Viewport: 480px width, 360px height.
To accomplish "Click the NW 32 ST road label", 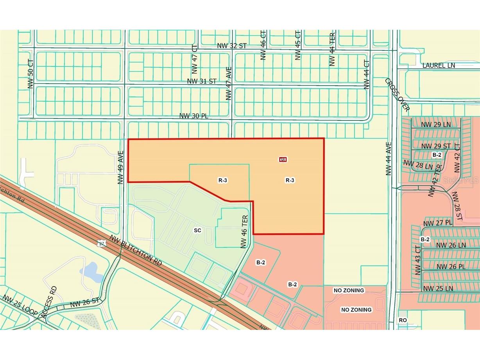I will tap(232, 46).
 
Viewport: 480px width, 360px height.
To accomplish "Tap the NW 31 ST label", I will tap(202, 81).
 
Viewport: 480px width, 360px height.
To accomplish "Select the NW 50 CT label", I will tap(31, 73).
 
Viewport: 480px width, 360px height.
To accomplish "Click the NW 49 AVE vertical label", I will tap(121, 168).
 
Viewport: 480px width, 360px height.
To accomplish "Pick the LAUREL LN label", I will tap(439, 65).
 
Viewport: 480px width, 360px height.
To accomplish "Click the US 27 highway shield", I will tap(102, 243).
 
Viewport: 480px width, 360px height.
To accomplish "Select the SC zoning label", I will tap(197, 231).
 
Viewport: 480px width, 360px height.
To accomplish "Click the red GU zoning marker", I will tap(283, 159).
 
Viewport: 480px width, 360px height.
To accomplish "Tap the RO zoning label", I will tap(403, 320).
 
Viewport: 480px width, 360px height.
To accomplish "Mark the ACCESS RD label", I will tap(50, 302).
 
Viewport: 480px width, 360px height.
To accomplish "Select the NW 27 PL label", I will tap(438, 223).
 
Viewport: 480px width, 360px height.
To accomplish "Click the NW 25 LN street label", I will tap(438, 288).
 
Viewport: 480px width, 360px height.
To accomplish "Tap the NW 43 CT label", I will tap(418, 260).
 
